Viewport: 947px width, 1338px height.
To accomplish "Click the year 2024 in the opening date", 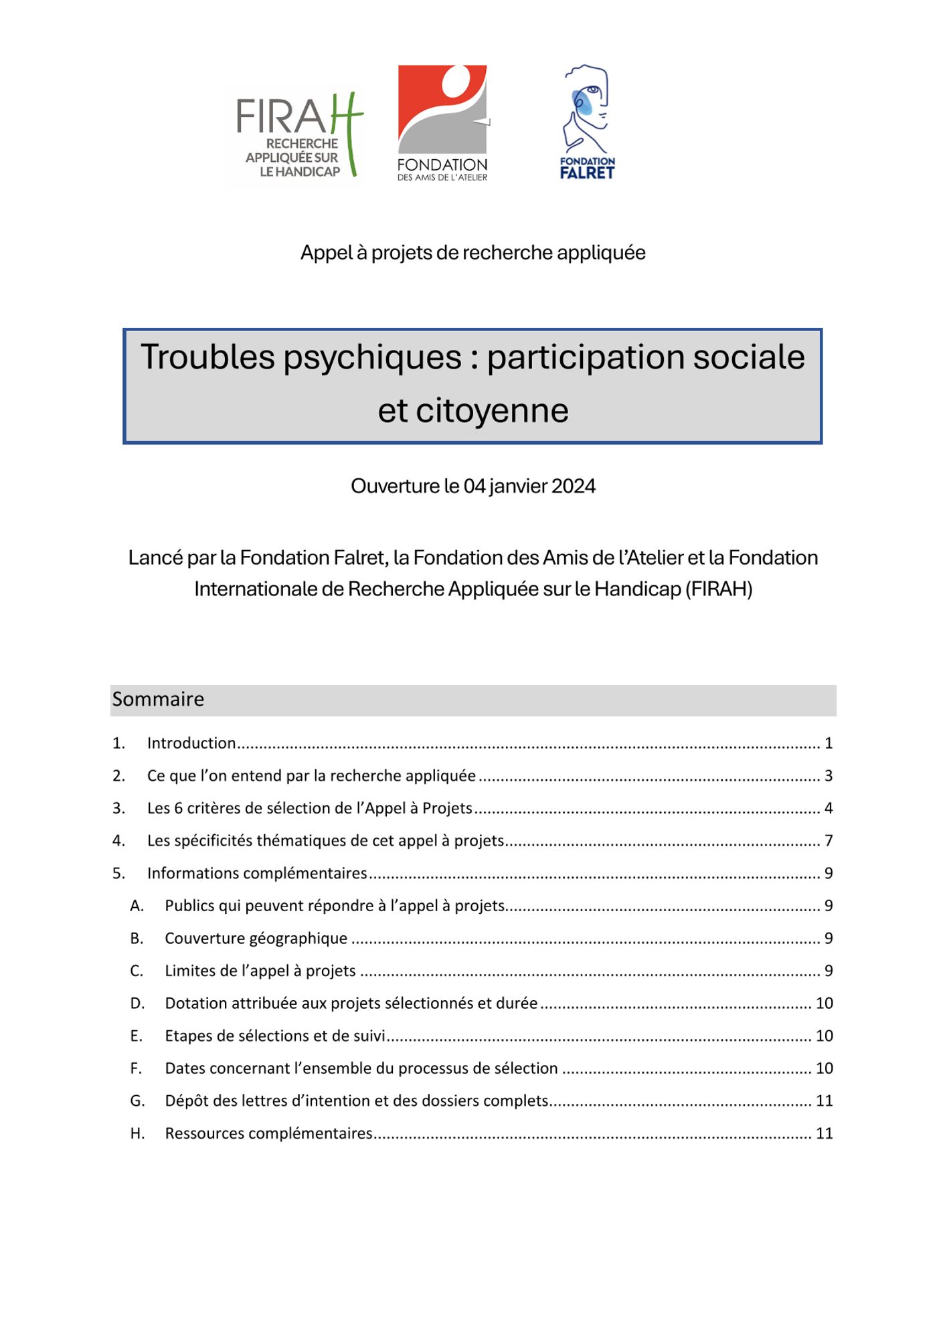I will coord(574,486).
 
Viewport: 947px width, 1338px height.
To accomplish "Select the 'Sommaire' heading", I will coord(158,699).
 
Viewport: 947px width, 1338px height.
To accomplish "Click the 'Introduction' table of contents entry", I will coord(191,743).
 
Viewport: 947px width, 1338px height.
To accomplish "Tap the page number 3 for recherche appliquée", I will coord(828,776).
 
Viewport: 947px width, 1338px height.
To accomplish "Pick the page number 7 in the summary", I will coord(828,841).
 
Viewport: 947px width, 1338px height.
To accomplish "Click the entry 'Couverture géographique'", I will coord(256,939).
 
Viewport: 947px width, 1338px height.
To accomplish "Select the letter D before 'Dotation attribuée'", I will coord(137,1004).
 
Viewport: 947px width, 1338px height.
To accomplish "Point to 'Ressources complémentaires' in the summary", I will coord(268,1133).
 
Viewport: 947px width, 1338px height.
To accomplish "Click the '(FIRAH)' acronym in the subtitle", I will coord(719,589).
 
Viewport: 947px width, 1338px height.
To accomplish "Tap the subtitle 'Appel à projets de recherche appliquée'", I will coord(472,253).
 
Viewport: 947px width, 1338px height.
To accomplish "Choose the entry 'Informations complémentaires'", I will coord(257,874).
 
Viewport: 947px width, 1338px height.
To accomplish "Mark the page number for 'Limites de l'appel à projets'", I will coord(828,971).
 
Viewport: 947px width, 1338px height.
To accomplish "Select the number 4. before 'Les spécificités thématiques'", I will coord(118,841).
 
